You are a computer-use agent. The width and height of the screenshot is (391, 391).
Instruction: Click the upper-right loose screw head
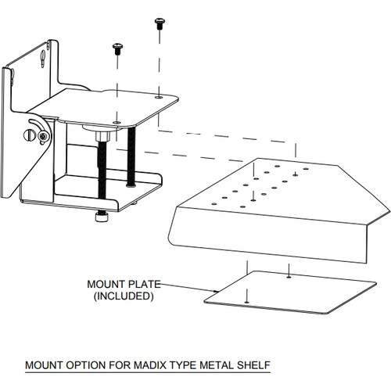point(159,20)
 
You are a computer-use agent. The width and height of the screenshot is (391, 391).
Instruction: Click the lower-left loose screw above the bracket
point(117,48)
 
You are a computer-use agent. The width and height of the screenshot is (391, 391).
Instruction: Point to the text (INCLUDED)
point(124,296)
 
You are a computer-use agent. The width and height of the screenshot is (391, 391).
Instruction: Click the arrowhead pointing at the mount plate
point(216,291)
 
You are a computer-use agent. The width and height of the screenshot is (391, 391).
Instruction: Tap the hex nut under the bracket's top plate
point(102,136)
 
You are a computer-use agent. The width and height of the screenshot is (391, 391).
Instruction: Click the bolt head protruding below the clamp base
point(101,217)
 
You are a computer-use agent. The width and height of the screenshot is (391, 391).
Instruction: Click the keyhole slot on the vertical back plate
point(43,59)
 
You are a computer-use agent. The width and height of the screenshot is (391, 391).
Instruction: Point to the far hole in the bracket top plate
point(159,97)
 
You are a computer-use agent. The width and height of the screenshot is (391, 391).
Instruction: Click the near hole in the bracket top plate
point(117,122)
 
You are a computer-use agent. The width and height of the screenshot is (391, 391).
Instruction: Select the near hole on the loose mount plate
point(246,302)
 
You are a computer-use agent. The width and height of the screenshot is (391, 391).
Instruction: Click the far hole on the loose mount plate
point(289,277)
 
